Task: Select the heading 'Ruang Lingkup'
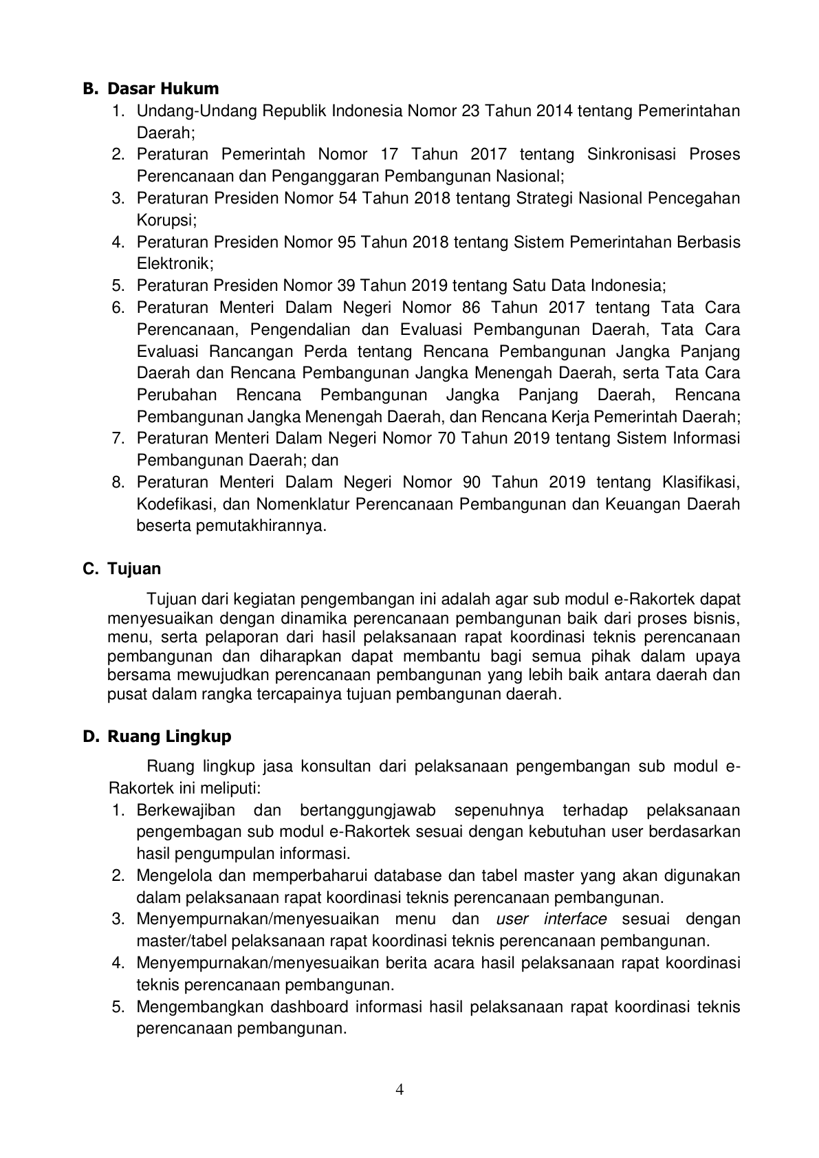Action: (x=169, y=736)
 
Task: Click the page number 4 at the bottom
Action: (x=400, y=1089)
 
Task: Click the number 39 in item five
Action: (x=347, y=285)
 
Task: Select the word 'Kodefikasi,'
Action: (x=175, y=504)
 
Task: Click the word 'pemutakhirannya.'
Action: (x=231, y=526)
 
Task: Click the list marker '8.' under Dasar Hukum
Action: (x=118, y=482)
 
